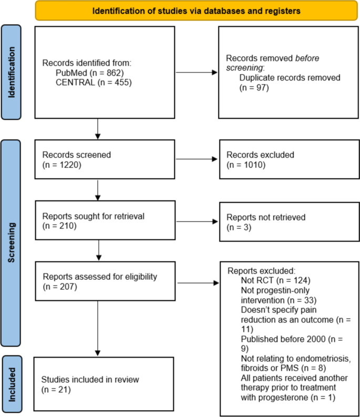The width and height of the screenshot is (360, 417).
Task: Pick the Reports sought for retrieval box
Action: (x=104, y=221)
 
